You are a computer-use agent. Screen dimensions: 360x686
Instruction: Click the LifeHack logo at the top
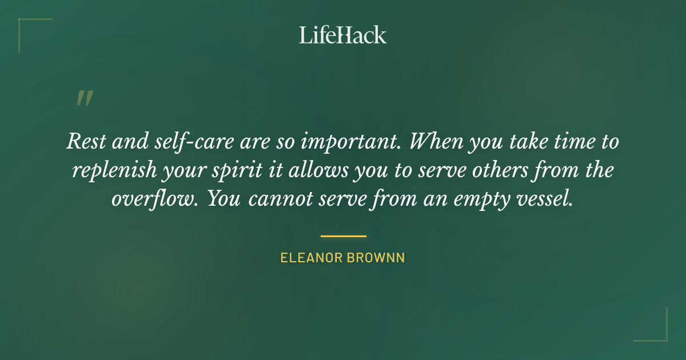tap(343, 35)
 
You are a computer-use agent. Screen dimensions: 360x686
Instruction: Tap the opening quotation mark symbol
tap(84, 98)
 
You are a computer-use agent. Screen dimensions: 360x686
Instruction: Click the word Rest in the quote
tap(84, 141)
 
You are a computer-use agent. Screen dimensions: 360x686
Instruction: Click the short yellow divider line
tap(343, 235)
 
